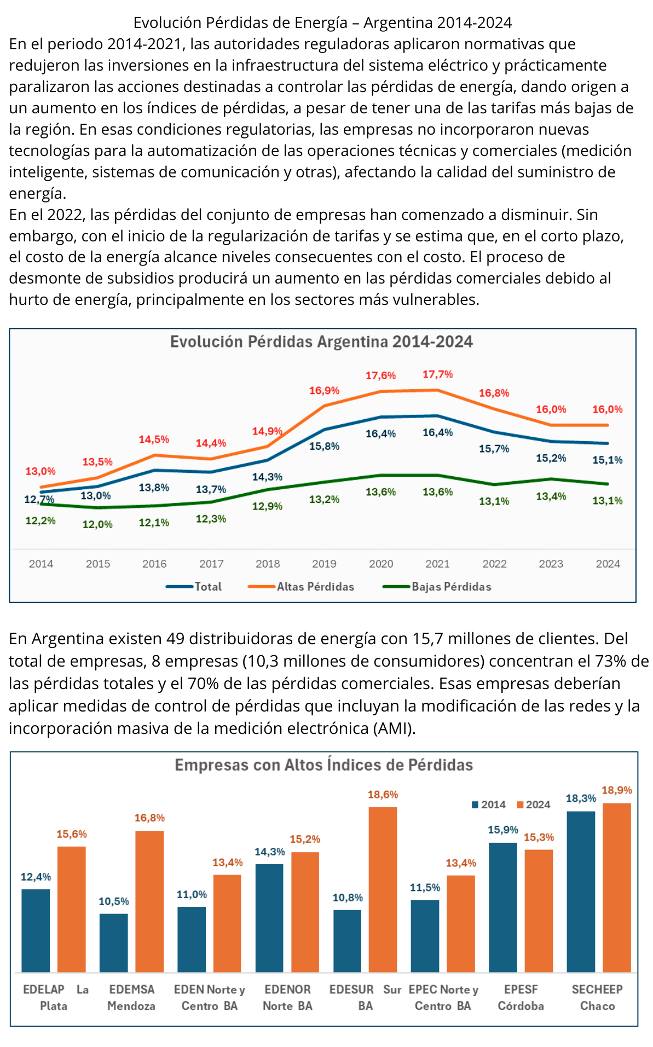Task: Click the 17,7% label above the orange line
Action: pyautogui.click(x=437, y=374)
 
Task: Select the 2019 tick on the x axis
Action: pyautogui.click(x=324, y=564)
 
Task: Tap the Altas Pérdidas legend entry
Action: pyautogui.click(x=315, y=587)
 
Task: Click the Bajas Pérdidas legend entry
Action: pyautogui.click(x=451, y=587)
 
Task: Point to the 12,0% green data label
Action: pyautogui.click(x=97, y=524)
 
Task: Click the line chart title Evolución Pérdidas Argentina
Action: pyautogui.click(x=321, y=342)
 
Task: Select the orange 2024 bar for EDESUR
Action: pyautogui.click(x=383, y=889)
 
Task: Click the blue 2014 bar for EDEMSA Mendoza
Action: pyautogui.click(x=113, y=942)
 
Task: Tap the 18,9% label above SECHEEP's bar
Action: pyautogui.click(x=617, y=790)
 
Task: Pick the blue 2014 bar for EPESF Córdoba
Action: pyautogui.click(x=502, y=907)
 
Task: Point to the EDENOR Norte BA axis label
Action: pyautogui.click(x=287, y=997)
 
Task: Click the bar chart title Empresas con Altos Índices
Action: pyautogui.click(x=323, y=765)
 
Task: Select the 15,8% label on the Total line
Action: pyautogui.click(x=324, y=446)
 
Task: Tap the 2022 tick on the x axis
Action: pyautogui.click(x=494, y=564)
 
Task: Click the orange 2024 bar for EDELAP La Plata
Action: pyautogui.click(x=71, y=909)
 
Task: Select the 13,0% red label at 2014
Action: pyautogui.click(x=41, y=471)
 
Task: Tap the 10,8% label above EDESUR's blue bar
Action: pyautogui.click(x=348, y=898)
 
